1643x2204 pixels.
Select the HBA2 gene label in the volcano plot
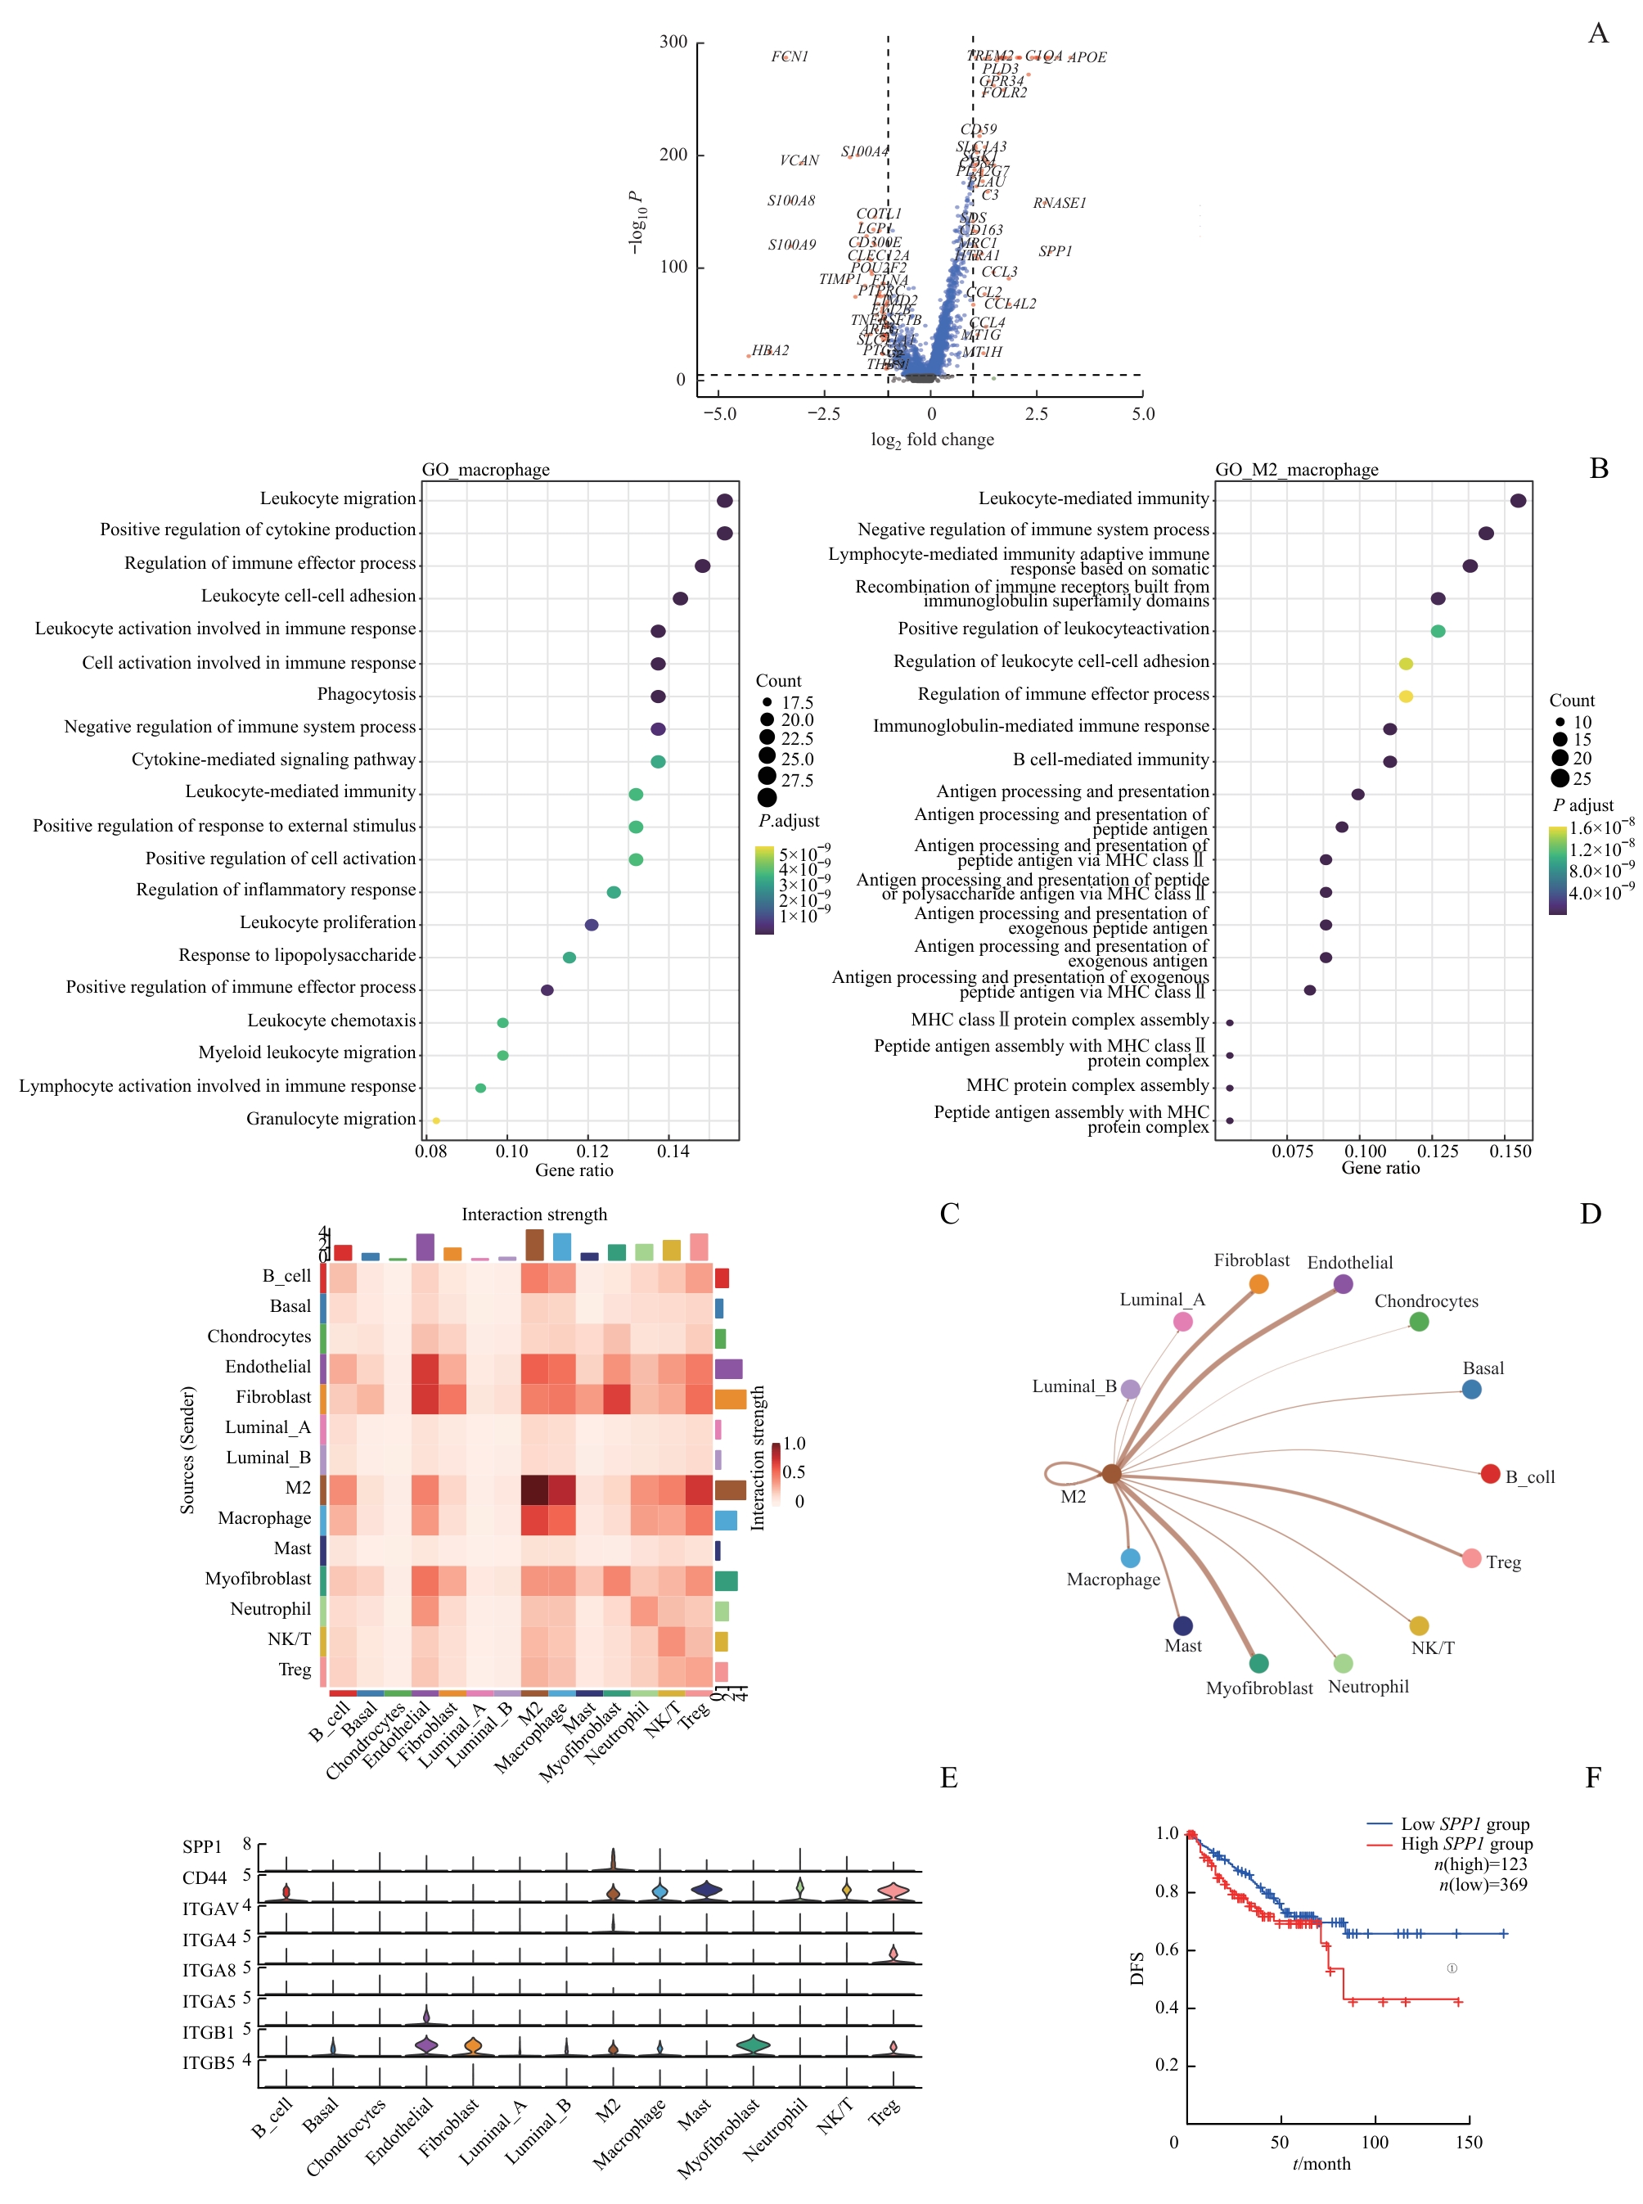click(770, 351)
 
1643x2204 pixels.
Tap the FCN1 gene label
click(789, 56)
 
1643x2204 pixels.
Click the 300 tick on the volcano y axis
click(673, 42)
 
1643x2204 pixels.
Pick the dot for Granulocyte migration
click(435, 1121)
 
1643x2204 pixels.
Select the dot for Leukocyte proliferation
click(592, 925)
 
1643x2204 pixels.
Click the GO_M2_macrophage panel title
click(1296, 470)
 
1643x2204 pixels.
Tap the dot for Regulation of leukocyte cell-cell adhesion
click(1405, 664)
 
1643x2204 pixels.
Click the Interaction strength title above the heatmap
click(534, 1215)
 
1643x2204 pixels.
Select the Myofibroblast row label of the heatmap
click(258, 1579)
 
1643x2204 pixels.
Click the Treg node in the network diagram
click(1472, 1558)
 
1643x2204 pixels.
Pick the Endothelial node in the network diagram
click(1343, 1284)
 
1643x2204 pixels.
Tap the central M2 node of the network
click(1111, 1474)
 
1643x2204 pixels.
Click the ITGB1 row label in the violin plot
click(208, 2032)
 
